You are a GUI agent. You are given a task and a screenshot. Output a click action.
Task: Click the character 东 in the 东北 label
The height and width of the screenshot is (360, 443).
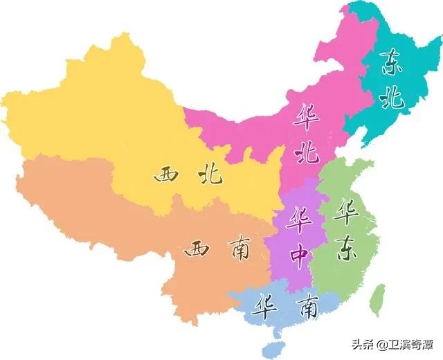(392, 64)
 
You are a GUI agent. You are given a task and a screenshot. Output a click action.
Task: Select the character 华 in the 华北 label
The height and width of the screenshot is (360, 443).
(305, 117)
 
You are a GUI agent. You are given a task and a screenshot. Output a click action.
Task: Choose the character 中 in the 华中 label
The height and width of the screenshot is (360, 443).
(300, 256)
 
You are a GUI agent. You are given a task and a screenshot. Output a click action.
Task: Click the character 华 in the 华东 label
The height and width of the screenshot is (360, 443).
(344, 212)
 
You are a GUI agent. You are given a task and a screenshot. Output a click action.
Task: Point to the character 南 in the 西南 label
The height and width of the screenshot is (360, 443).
(235, 250)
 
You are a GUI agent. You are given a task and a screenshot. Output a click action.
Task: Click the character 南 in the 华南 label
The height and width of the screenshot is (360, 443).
(305, 304)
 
